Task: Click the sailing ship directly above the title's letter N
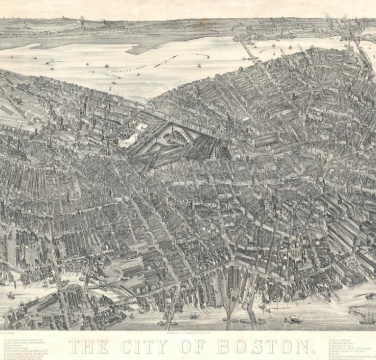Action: point(295,319)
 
